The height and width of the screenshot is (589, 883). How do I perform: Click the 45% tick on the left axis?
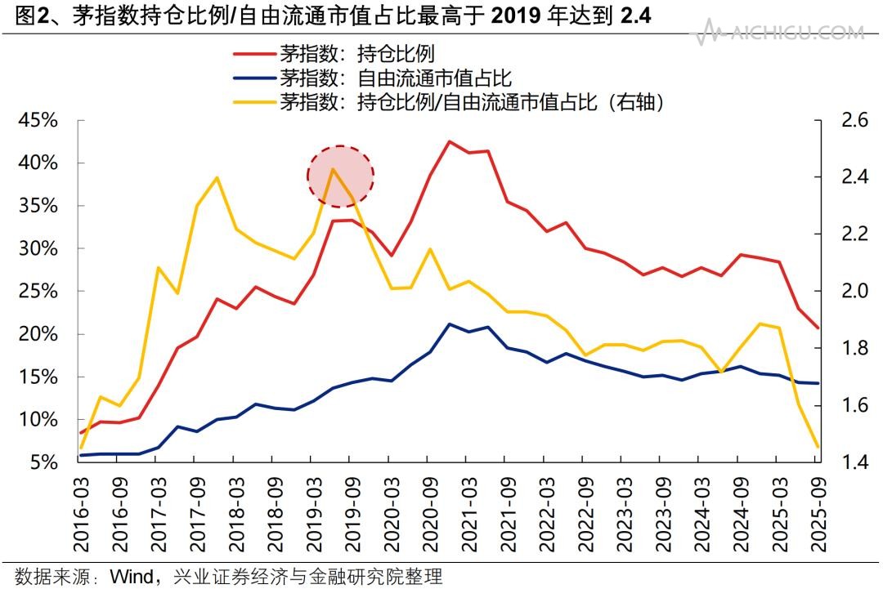38,121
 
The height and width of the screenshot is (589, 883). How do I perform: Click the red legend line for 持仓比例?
253,55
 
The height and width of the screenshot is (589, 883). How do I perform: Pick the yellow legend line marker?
253,102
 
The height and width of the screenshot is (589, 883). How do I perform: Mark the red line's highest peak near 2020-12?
449,141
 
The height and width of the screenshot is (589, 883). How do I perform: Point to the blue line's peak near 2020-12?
449,324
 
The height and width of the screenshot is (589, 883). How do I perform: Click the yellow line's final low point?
817,447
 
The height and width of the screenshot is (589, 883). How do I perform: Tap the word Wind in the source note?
132,576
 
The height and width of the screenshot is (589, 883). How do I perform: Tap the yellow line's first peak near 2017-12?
217,177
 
